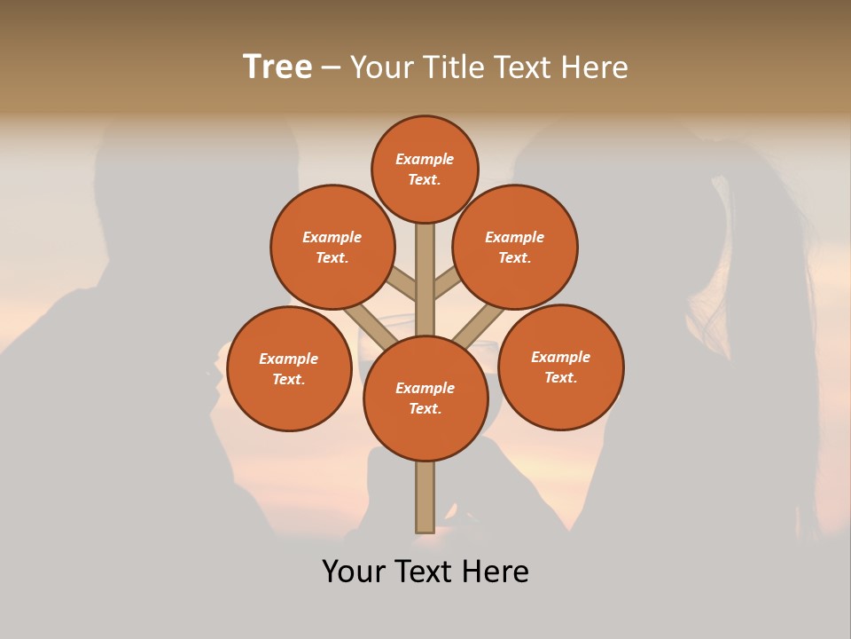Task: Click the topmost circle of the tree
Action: [425, 169]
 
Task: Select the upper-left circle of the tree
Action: [332, 247]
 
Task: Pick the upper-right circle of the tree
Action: [515, 247]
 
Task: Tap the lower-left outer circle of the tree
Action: [289, 368]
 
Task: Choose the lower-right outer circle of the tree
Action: [561, 367]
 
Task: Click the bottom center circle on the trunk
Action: [425, 398]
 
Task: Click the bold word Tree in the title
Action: [277, 67]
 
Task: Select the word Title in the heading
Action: [453, 67]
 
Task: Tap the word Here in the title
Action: [597, 67]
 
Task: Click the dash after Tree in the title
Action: [331, 67]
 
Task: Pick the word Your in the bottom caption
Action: [355, 572]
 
